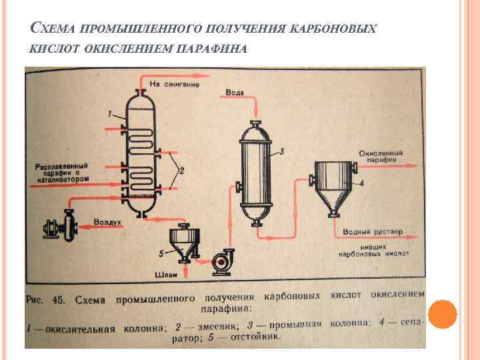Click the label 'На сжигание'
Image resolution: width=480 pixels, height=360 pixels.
pos(174,85)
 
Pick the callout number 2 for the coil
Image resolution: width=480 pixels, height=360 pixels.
pos(181,171)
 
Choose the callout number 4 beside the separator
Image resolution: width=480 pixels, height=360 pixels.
pos(361,182)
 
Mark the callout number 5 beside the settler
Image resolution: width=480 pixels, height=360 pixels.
pos(161,254)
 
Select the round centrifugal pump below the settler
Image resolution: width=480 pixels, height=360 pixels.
pos(220,263)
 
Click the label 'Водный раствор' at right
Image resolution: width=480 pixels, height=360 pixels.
pos(373,232)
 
